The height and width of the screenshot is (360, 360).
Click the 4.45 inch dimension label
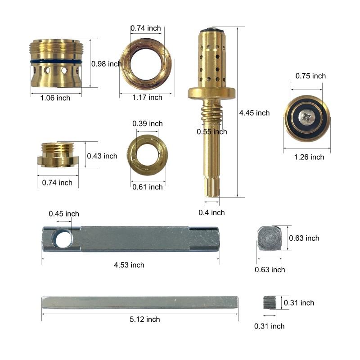tap(254, 113)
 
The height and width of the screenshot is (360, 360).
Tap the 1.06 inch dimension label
tap(55, 98)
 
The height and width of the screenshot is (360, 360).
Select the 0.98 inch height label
tap(106, 64)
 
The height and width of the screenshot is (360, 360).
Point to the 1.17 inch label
tap(147, 97)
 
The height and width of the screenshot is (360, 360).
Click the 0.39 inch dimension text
tap(148, 123)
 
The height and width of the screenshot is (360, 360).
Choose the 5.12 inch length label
tap(144, 319)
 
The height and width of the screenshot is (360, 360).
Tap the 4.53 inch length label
tap(129, 265)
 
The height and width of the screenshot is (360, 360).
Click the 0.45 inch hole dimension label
tap(64, 214)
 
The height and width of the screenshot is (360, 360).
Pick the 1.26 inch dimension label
tap(309, 157)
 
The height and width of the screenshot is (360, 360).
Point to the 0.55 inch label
tap(211, 132)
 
